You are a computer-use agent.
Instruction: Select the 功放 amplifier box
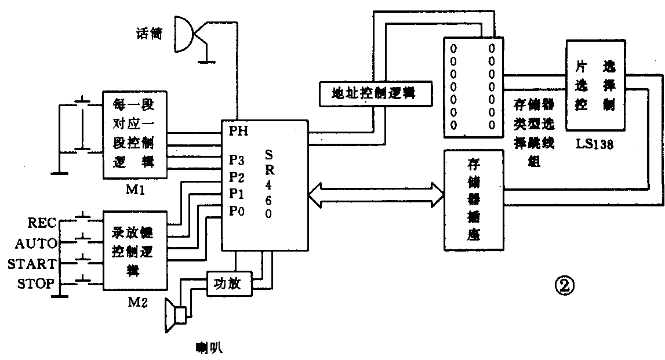[230, 283]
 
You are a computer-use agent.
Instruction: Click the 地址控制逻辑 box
[375, 93]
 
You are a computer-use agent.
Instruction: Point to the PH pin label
[238, 131]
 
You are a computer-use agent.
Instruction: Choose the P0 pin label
[237, 212]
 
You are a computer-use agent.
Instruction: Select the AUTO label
[35, 242]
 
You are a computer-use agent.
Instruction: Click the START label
[32, 264]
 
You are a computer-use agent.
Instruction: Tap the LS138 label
[594, 144]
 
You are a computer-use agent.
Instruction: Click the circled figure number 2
[565, 285]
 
